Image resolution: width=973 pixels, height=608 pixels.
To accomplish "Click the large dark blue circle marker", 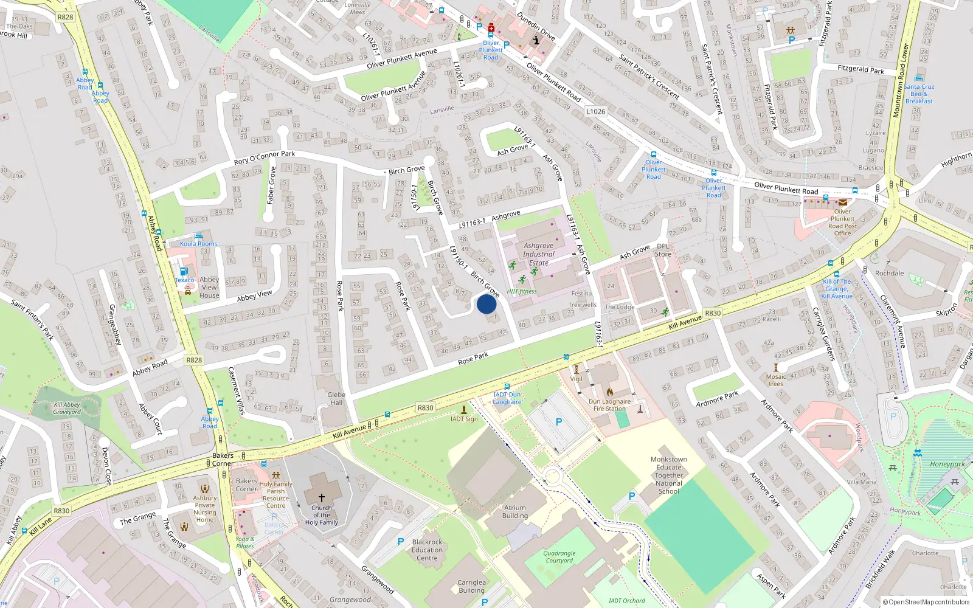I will pyautogui.click(x=486, y=303).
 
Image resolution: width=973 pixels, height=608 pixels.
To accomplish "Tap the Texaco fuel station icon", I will pyautogui.click(x=184, y=271).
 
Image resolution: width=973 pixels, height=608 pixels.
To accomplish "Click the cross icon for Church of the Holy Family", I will pyautogui.click(x=322, y=497).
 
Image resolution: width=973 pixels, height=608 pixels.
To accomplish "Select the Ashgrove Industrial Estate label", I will pyautogui.click(x=538, y=254).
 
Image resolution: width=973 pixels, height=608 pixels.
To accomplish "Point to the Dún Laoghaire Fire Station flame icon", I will pyautogui.click(x=610, y=392).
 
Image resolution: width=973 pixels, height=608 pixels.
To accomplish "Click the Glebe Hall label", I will pyautogui.click(x=336, y=398).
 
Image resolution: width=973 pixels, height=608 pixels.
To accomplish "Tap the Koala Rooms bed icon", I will pyautogui.click(x=198, y=235).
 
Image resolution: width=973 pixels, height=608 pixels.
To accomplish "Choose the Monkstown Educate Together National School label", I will pyautogui.click(x=669, y=475).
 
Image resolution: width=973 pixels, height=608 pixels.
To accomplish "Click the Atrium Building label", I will pyautogui.click(x=515, y=511).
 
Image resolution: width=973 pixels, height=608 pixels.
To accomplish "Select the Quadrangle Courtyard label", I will pyautogui.click(x=559, y=557).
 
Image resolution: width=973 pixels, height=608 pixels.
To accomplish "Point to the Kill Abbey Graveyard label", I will pyautogui.click(x=67, y=408).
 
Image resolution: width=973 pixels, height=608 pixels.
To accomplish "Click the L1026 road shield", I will pyautogui.click(x=596, y=111).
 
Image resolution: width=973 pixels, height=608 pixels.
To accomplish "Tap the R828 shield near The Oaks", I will pyautogui.click(x=65, y=17).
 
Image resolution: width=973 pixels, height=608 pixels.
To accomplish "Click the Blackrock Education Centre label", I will pyautogui.click(x=427, y=550).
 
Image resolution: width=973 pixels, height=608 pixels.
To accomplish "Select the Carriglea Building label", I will pyautogui.click(x=472, y=586).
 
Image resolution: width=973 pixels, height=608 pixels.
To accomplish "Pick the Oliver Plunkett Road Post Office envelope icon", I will pyautogui.click(x=843, y=202).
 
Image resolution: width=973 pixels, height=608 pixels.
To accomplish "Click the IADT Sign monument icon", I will pyautogui.click(x=465, y=410).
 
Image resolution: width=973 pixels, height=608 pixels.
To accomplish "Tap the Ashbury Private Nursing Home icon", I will pyautogui.click(x=205, y=488).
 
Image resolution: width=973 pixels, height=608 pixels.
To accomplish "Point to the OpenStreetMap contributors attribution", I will pyautogui.click(x=926, y=602).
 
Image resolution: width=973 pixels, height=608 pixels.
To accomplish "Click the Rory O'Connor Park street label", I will pyautogui.click(x=265, y=158).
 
